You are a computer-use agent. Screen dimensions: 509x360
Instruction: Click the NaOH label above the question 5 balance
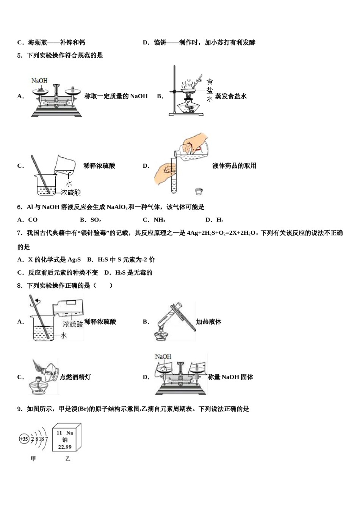39,81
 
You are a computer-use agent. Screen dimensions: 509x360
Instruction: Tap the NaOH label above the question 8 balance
163,356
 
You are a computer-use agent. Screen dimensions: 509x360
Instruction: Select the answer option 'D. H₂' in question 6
214,220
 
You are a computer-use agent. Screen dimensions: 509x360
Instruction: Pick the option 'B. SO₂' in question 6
90,220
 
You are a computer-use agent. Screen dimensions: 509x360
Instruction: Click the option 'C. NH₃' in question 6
153,220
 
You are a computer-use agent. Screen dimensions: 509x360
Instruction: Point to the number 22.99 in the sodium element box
65,447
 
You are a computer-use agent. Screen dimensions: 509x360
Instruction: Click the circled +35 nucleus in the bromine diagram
24,439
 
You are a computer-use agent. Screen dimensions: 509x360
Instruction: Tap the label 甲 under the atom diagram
33,459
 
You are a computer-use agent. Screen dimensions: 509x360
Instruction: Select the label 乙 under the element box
67,459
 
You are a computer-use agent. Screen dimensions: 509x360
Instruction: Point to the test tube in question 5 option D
174,178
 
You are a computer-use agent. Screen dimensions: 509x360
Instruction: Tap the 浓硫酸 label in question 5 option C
71,192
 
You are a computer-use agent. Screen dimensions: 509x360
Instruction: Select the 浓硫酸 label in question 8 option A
73,324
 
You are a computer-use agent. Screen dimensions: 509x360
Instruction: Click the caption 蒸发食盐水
231,96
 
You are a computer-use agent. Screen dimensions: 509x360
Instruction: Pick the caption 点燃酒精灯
75,377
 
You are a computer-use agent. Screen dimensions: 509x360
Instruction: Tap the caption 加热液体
208,322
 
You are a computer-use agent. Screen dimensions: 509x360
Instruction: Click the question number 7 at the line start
19,233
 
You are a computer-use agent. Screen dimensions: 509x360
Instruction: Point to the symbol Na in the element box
69,433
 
